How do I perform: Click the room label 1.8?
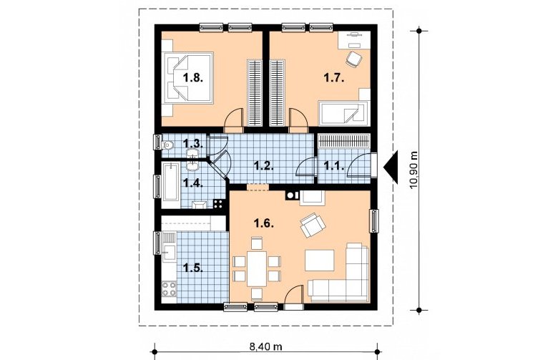193,78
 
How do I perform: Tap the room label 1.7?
334,77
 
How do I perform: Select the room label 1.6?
264,223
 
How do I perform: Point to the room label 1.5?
193,268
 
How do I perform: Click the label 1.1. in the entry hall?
334,165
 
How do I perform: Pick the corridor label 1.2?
264,165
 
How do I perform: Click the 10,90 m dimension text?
413,170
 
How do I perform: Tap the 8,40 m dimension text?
266,346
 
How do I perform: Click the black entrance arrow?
391,167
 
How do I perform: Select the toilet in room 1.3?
167,145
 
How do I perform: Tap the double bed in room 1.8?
188,78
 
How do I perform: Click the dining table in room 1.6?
257,268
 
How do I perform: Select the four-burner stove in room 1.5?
169,288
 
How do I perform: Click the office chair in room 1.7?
354,59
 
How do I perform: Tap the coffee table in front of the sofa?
319,261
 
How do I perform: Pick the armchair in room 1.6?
313,225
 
